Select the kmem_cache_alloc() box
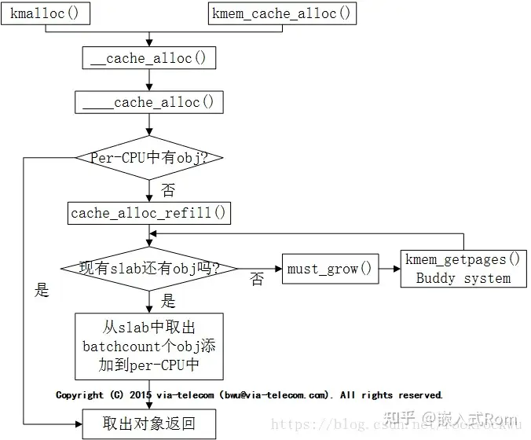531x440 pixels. tap(282, 13)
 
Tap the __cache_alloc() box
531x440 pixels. tap(149, 57)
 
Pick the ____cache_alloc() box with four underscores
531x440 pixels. tap(149, 102)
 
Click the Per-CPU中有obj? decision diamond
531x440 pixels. tap(149, 158)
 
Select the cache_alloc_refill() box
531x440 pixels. tap(149, 213)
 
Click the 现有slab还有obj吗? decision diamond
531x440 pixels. tap(149, 269)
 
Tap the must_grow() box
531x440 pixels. tap(328, 269)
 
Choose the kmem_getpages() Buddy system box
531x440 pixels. tap(463, 269)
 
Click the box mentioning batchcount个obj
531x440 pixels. tap(149, 346)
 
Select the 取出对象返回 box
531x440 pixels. tap(149, 424)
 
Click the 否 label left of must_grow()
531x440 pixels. tap(257, 279)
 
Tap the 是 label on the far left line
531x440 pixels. tap(42, 290)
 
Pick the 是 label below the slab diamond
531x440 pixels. tap(167, 301)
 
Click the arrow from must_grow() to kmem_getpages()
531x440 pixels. tap(388, 269)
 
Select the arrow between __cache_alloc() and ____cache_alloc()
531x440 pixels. tap(149, 80)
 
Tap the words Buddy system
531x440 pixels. tap(463, 277)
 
